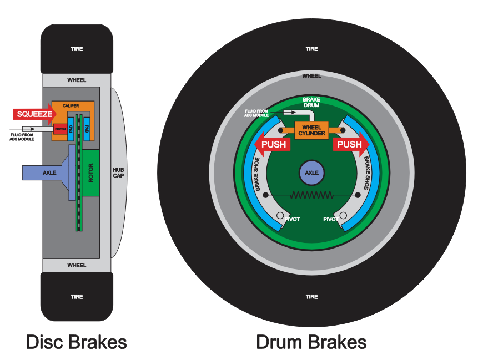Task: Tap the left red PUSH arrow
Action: pyautogui.click(x=273, y=145)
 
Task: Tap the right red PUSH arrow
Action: pyautogui.click(x=350, y=145)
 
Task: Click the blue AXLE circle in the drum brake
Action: pyautogui.click(x=311, y=173)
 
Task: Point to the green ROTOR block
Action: pyautogui.click(x=91, y=173)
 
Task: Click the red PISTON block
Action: pyautogui.click(x=60, y=129)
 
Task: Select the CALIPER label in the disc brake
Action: pyautogui.click(x=70, y=105)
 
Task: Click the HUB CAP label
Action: pyautogui.click(x=119, y=173)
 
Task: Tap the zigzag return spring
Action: pyautogui.click(x=311, y=195)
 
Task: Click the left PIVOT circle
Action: pyautogui.click(x=281, y=216)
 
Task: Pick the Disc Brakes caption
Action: pyautogui.click(x=77, y=342)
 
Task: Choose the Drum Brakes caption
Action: pyautogui.click(x=311, y=342)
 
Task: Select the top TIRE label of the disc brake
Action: pyautogui.click(x=77, y=49)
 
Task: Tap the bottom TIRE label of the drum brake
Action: pyautogui.click(x=311, y=297)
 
